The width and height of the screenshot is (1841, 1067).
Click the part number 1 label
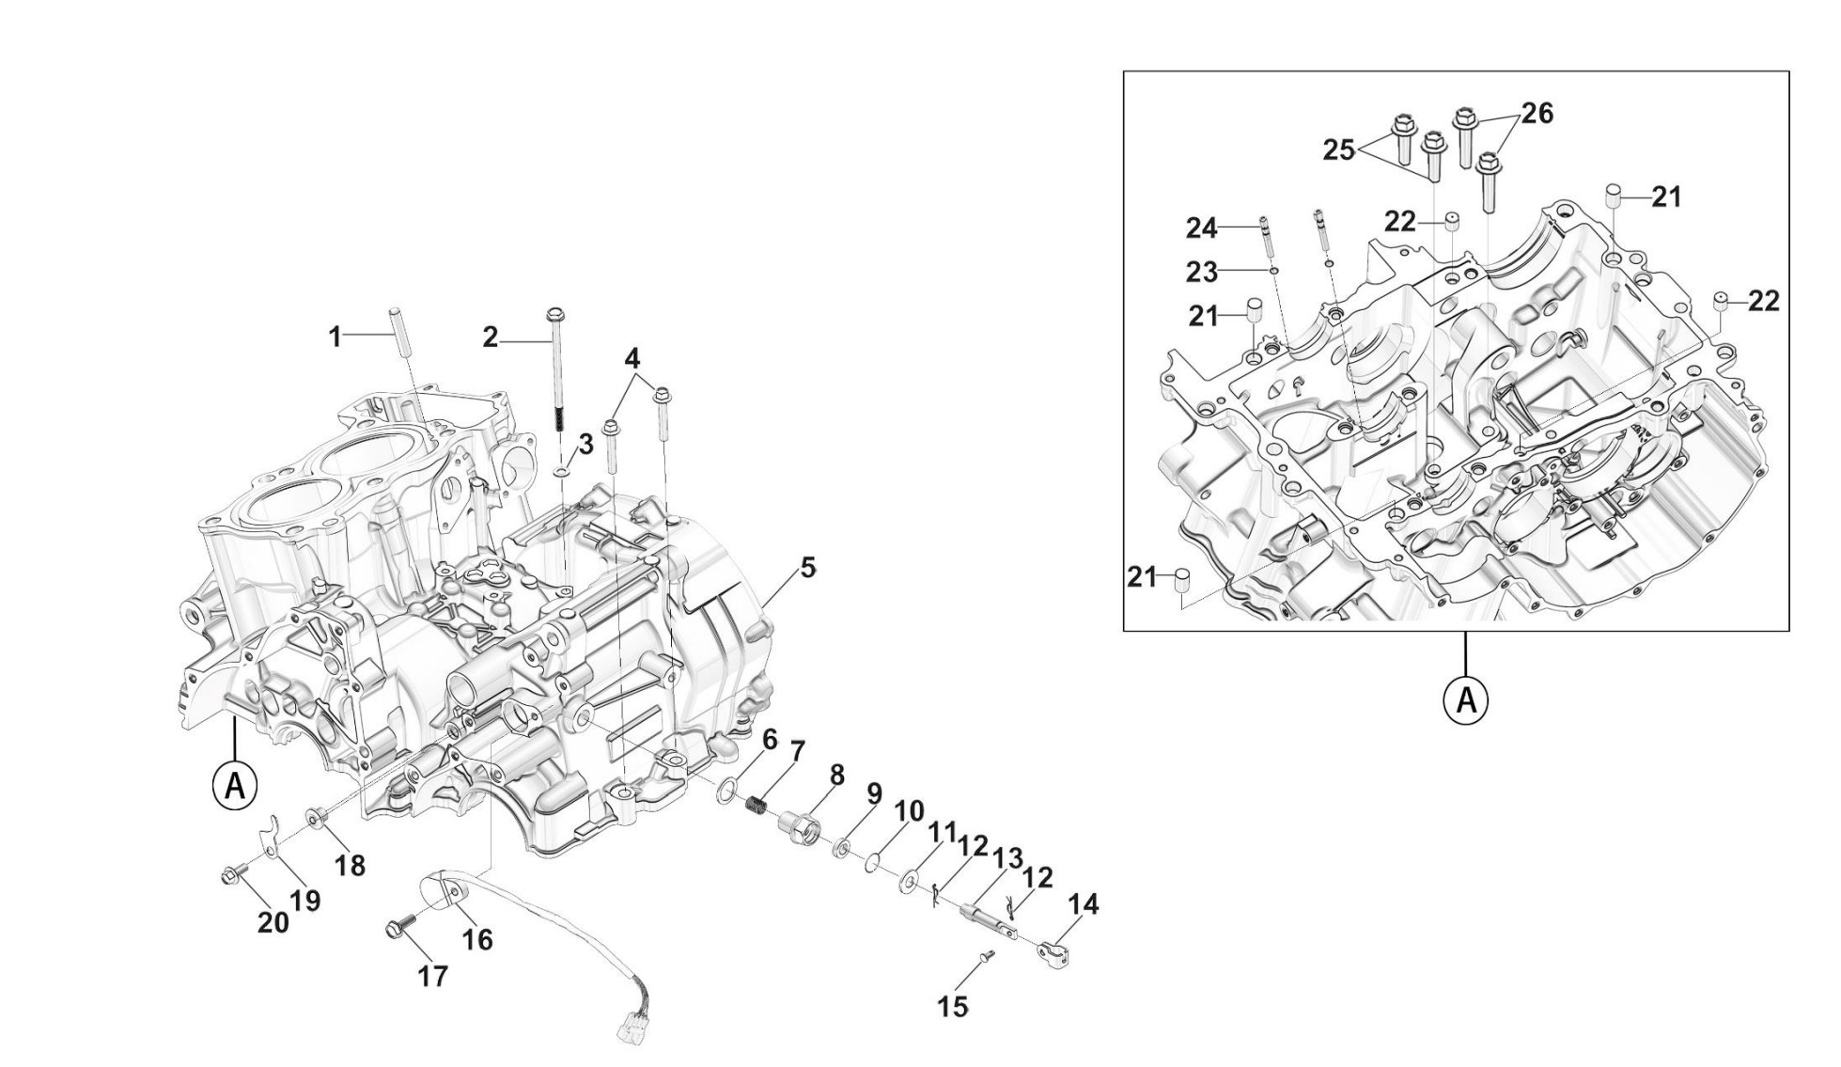pyautogui.click(x=335, y=337)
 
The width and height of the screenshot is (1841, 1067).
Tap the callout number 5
pyautogui.click(x=807, y=568)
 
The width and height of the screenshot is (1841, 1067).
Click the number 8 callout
pyautogui.click(x=836, y=775)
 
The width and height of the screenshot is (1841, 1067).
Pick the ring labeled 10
pyautogui.click(x=873, y=860)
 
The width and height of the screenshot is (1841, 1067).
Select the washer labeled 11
pyautogui.click(x=910, y=882)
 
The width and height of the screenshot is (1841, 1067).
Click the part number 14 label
pyautogui.click(x=1083, y=904)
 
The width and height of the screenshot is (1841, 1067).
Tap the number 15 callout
pyautogui.click(x=952, y=1007)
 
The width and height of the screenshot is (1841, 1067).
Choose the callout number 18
pyautogui.click(x=351, y=865)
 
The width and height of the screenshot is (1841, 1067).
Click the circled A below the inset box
pyautogui.click(x=1465, y=699)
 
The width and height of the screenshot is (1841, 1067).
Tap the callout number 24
pyautogui.click(x=1201, y=228)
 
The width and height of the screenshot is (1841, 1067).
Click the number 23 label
pyautogui.click(x=1202, y=273)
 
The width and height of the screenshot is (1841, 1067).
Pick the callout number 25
pyautogui.click(x=1338, y=149)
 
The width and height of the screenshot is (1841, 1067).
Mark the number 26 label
pyautogui.click(x=1537, y=113)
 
